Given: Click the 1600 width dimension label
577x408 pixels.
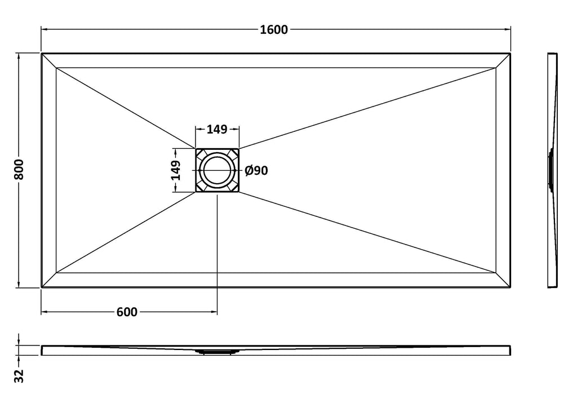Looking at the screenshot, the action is pyautogui.click(x=274, y=29).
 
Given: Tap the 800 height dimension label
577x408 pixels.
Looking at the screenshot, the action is pyautogui.click(x=19, y=170).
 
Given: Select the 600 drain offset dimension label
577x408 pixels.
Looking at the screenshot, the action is pyautogui.click(x=127, y=312).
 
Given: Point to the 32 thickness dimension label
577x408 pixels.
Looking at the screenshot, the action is pyautogui.click(x=19, y=376).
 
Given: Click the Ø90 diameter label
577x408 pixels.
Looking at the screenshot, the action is pyautogui.click(x=256, y=170).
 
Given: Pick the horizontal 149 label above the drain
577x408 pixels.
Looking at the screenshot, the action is pyautogui.click(x=217, y=129).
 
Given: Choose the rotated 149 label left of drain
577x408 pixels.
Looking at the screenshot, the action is pyautogui.click(x=176, y=170).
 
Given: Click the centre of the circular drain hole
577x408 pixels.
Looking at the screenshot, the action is pyautogui.click(x=217, y=170).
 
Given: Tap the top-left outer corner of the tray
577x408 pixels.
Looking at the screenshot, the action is pyautogui.click(x=41, y=54).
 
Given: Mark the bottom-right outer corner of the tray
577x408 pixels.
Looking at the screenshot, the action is pyautogui.click(x=511, y=287).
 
